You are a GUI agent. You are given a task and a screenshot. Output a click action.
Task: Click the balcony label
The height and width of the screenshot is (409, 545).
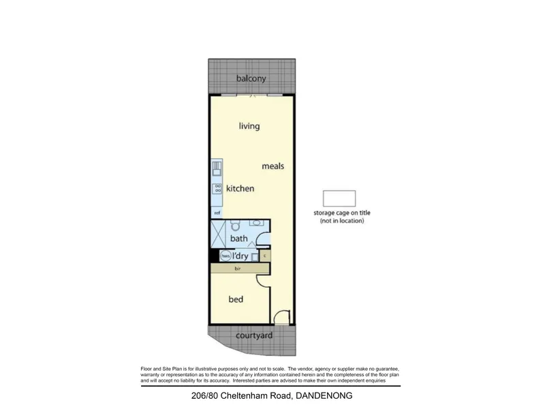coord(251,79)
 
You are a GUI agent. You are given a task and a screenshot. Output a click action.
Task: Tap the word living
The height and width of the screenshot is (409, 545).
coord(249,126)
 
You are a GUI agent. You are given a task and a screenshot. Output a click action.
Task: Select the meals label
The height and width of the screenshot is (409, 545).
coord(272,166)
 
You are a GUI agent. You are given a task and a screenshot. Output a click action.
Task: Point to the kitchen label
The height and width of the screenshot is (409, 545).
coord(240,188)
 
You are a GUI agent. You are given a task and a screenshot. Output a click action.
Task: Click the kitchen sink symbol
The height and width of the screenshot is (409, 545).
coord(217,168)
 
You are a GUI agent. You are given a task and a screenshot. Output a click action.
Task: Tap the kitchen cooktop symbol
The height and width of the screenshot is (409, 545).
coord(217,190)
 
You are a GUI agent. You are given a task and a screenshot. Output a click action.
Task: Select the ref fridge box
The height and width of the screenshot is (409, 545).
coord(217,213)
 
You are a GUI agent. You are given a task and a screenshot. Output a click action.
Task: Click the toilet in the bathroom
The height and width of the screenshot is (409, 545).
coord(236,226)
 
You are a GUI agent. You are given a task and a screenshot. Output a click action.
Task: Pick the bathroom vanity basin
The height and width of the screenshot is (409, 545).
coord(257,222)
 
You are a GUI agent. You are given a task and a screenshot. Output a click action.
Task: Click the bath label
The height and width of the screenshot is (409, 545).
coord(238,239)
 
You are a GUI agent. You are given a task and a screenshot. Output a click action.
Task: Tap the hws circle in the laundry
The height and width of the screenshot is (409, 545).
coord(225,256)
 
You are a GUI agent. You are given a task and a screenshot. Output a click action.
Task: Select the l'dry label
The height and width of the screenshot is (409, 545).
coord(240,256)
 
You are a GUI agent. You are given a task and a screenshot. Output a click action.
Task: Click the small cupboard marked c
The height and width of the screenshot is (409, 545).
coord(265,256)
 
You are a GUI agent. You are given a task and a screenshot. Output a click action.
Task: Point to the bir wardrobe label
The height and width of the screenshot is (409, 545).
coord(237,269)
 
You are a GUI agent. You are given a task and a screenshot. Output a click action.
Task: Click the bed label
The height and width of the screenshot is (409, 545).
coord(235,299)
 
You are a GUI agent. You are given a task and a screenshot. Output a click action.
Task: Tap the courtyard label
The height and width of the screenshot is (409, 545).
coord(254,335)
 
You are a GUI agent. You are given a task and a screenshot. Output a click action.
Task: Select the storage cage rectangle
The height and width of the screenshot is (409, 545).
coord(339,198)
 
